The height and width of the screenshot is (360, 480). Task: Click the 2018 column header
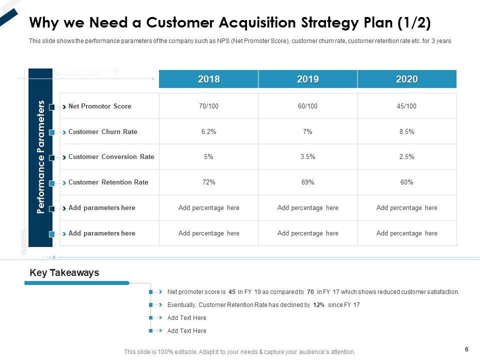(208, 79)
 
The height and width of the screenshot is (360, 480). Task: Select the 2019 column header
(307, 79)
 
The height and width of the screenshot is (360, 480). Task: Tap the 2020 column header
(406, 79)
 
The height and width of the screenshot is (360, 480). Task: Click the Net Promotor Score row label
(100, 106)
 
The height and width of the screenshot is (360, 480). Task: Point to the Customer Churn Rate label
(102, 132)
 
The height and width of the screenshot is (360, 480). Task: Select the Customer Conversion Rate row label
(111, 157)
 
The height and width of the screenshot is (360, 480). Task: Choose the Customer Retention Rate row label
(108, 182)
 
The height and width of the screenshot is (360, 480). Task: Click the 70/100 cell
(208, 106)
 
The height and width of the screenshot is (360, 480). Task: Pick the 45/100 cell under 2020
(406, 106)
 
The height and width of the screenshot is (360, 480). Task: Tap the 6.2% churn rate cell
(208, 132)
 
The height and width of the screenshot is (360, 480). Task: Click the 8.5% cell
(406, 132)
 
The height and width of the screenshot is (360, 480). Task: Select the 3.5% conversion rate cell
(307, 157)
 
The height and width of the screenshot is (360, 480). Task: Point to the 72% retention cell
(208, 182)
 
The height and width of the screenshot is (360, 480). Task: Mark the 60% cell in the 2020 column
(406, 182)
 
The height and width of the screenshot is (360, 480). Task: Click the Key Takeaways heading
(64, 273)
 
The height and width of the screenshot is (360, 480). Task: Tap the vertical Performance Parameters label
(41, 157)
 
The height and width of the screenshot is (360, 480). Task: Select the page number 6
(466, 349)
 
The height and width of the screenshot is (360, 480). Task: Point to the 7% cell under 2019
(307, 132)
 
